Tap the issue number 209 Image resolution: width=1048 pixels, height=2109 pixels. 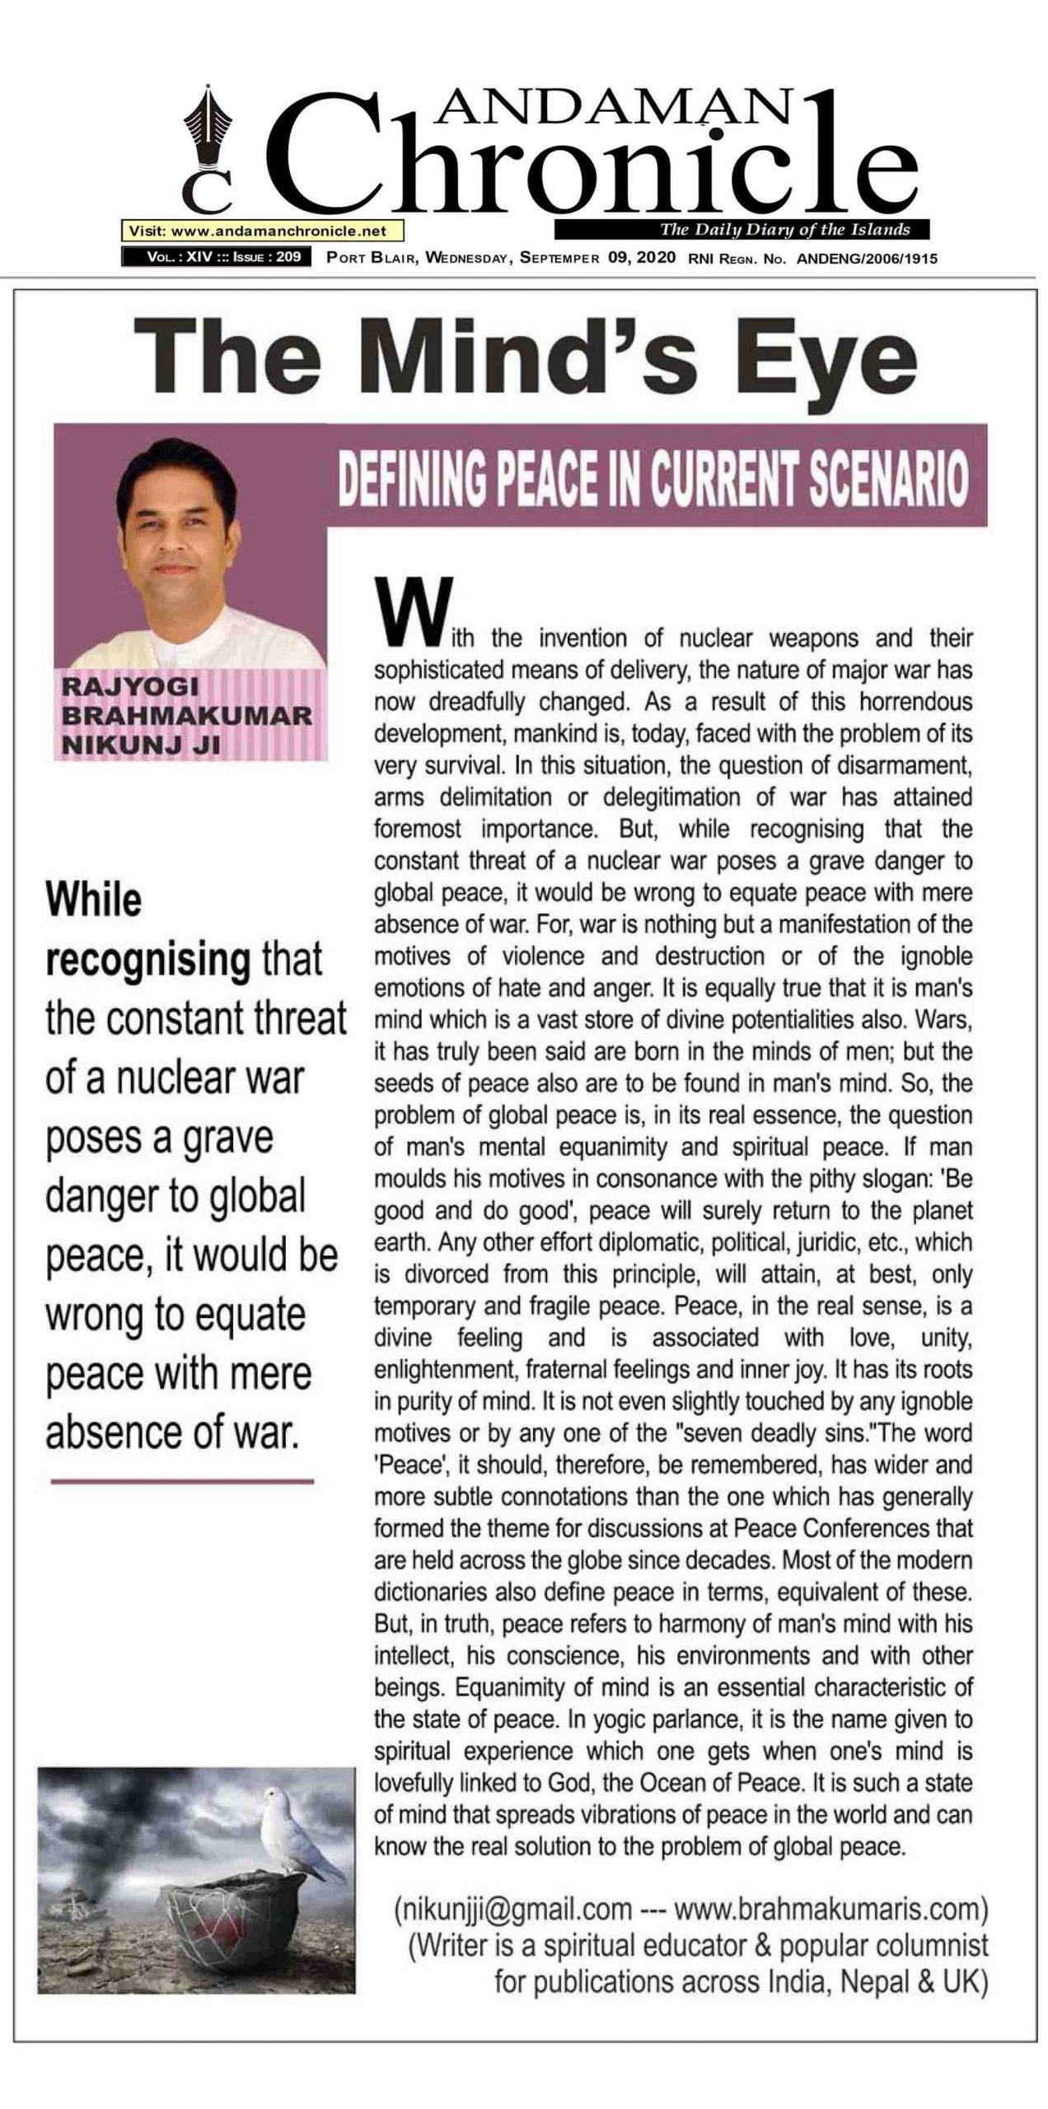pos(288,257)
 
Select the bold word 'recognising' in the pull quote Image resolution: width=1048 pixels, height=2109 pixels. pos(148,961)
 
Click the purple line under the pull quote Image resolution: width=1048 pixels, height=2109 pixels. pos(182,1482)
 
